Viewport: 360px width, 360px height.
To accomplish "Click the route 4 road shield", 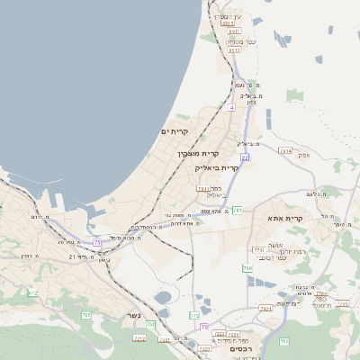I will point(231,107).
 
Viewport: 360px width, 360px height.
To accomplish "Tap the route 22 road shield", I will point(244,157).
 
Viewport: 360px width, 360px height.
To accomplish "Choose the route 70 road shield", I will point(204,326).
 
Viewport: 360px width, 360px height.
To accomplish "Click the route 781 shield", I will point(203,189).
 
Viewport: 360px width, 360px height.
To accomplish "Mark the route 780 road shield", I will point(247,268).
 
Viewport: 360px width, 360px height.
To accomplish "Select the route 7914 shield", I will point(286,151).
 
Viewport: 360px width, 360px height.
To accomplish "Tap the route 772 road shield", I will point(257,249).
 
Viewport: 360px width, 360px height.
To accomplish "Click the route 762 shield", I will point(265,308).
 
